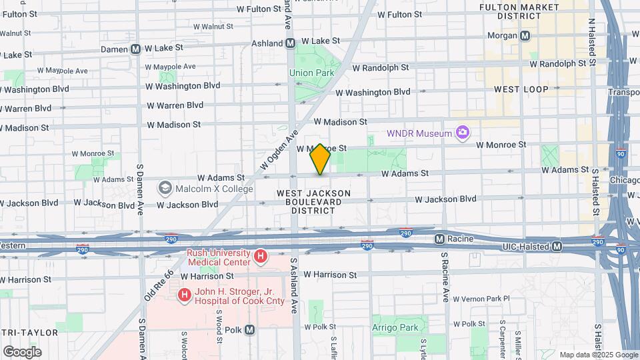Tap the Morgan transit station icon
pos(525,35)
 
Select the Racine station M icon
pos(439,239)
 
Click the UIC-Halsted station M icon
pos(557,247)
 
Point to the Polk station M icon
pos(250,329)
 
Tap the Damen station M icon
pos(135,49)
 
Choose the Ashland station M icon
pos(290,43)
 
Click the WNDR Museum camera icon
pos(461,133)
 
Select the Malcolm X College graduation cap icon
pos(164,189)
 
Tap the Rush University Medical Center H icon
pos(261,255)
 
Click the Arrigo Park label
pos(395,327)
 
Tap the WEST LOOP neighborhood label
pos(521,89)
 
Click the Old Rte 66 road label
pos(160,284)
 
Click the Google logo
pos(21,352)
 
